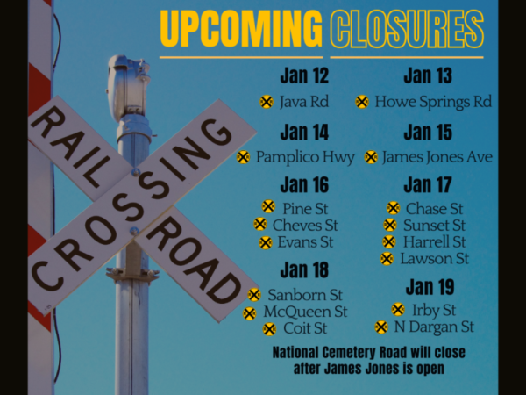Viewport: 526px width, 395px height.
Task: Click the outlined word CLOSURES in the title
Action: click(407, 29)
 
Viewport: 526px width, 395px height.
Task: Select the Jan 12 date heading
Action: click(304, 76)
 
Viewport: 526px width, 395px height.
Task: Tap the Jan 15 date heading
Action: click(428, 133)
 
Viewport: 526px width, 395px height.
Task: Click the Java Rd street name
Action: click(303, 102)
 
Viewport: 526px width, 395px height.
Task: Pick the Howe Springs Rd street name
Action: click(432, 102)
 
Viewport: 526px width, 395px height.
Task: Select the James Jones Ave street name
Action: click(437, 157)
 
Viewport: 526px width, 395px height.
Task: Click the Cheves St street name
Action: click(304, 225)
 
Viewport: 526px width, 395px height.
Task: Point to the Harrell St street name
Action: click(433, 241)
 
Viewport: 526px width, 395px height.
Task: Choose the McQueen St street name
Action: click(305, 312)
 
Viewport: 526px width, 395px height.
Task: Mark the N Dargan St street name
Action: click(433, 327)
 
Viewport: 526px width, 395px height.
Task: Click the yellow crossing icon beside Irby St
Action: click(398, 310)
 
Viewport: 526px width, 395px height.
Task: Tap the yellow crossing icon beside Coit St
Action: click(269, 329)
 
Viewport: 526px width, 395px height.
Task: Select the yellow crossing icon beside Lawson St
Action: click(387, 259)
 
